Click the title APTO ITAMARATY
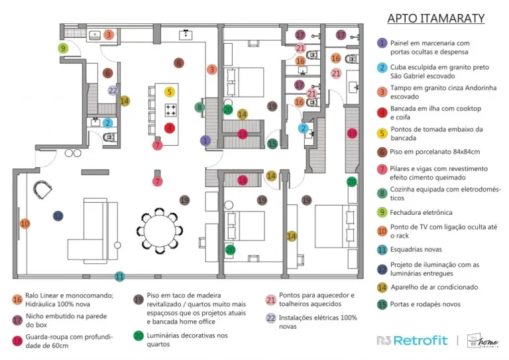[x=435, y=18]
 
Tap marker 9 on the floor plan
[x=63, y=48]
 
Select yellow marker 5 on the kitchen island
[x=170, y=92]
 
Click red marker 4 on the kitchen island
[x=170, y=128]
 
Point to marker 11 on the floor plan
[x=119, y=276]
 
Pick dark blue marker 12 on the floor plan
[x=58, y=215]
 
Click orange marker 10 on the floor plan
[x=25, y=223]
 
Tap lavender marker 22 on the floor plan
[x=113, y=91]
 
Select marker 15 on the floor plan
[x=272, y=143]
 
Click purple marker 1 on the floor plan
[x=205, y=141]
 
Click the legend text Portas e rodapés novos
[x=429, y=304]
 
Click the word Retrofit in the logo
[x=422, y=340]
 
